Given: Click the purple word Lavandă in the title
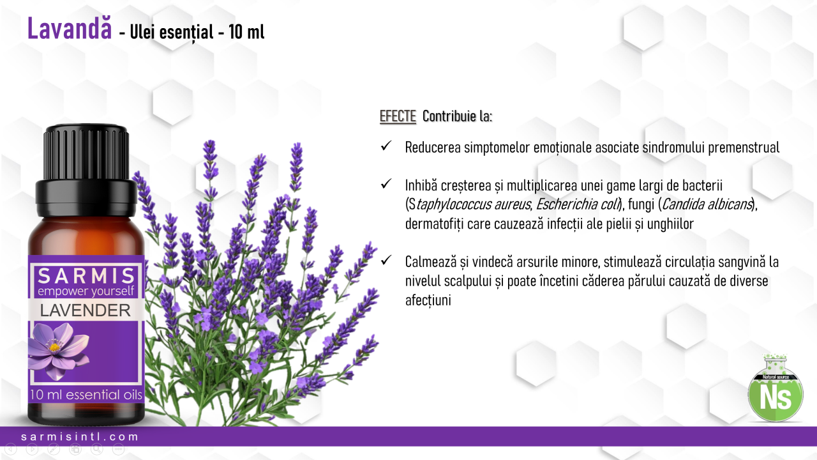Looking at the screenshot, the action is [x=70, y=29].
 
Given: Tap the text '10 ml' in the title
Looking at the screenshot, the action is [x=246, y=32].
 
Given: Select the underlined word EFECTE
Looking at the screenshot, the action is [x=398, y=116].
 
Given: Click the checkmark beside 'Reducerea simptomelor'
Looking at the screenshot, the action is [x=386, y=146].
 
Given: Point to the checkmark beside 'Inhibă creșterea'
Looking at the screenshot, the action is [x=386, y=183].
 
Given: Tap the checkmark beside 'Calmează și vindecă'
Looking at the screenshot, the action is [x=386, y=260].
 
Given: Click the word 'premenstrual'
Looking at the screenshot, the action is [x=744, y=148].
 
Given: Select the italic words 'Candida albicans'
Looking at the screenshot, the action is [x=707, y=204].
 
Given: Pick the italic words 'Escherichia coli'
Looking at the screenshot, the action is [x=578, y=204].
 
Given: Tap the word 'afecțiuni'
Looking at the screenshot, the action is [x=428, y=300].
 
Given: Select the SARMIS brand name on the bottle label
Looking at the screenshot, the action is [x=86, y=276].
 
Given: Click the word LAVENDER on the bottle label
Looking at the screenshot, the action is [x=86, y=310].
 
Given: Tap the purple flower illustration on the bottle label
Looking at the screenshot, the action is [x=58, y=351].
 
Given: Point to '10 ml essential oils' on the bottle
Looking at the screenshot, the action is [x=86, y=395].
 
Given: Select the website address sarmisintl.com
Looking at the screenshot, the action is [x=80, y=436].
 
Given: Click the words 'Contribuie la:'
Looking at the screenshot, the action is [x=458, y=116].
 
